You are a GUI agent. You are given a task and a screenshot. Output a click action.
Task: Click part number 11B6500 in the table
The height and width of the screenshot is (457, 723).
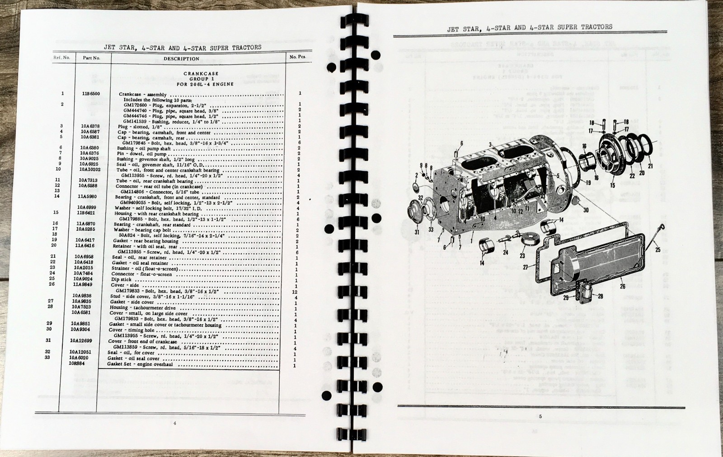tap(91, 94)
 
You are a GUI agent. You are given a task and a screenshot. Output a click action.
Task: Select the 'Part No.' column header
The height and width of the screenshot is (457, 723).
tap(91, 58)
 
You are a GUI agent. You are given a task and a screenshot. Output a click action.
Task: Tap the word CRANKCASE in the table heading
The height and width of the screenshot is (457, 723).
tap(201, 73)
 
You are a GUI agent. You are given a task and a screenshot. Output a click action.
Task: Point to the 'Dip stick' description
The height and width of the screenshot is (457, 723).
tap(121, 280)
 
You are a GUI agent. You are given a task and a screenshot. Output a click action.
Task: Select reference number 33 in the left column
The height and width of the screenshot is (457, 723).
tap(60, 357)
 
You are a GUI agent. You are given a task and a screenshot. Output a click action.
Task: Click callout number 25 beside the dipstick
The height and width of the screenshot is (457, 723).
tap(657, 250)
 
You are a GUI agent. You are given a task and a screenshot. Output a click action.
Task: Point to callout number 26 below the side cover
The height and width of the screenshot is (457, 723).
tap(623, 285)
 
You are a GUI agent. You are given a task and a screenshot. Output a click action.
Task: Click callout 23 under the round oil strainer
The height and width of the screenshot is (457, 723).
tap(522, 255)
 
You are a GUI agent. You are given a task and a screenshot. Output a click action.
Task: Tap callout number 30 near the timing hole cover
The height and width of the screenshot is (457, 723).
tap(586, 210)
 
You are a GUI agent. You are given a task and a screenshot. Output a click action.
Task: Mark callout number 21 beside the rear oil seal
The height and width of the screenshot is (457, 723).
tap(650, 166)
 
